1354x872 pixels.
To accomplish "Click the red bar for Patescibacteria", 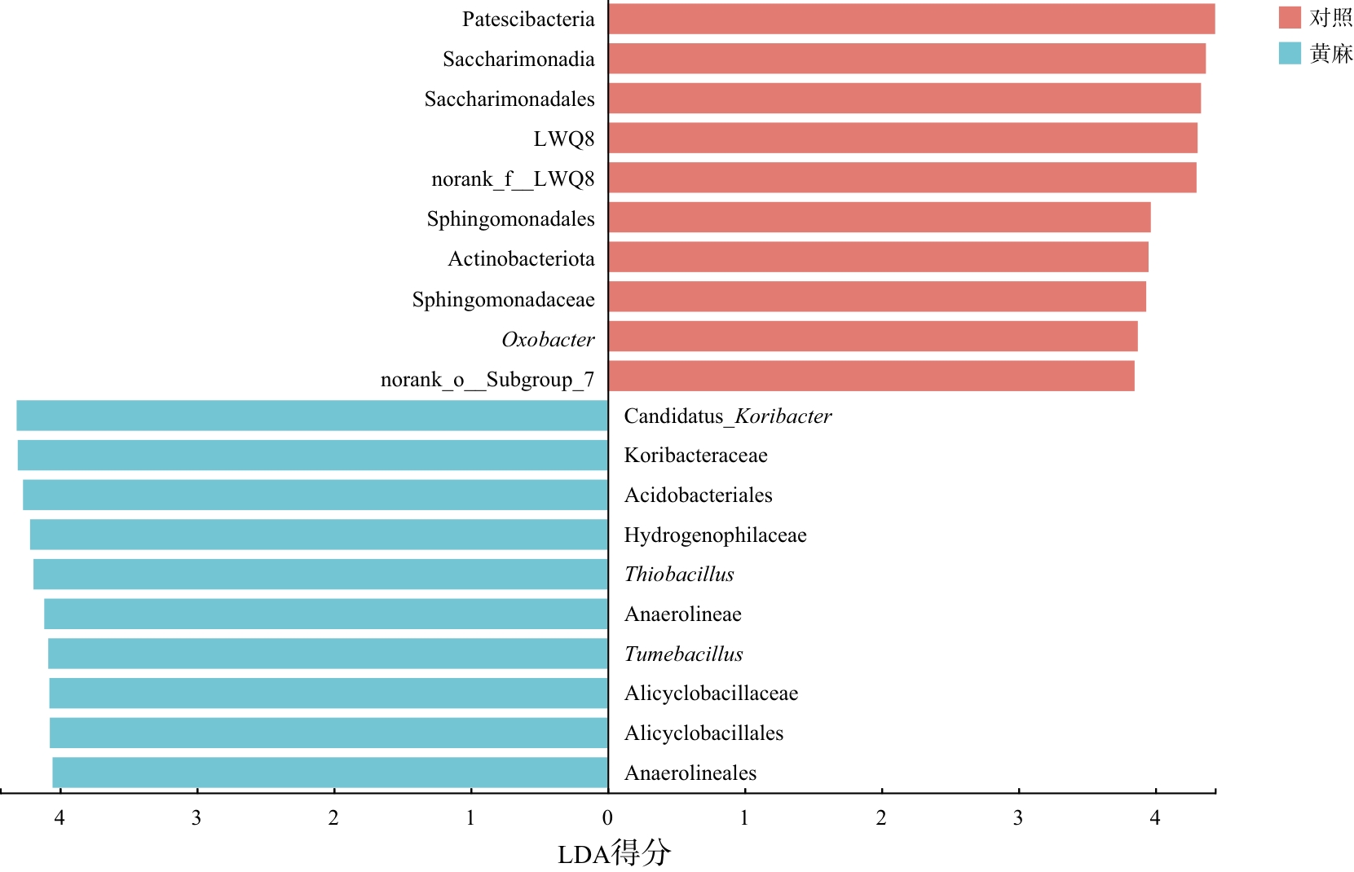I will pyautogui.click(x=911, y=19).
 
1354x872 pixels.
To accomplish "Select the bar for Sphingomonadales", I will pyautogui.click(x=880, y=218).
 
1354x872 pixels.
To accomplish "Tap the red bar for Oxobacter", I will pyautogui.click(x=873, y=337).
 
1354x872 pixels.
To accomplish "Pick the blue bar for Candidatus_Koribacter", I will pyautogui.click(x=312, y=416).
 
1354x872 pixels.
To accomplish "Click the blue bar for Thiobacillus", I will pyautogui.click(x=320, y=575).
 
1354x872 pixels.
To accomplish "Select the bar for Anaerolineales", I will pyautogui.click(x=330, y=773).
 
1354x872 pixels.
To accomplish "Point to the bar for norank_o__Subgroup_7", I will pyautogui.click(x=871, y=377).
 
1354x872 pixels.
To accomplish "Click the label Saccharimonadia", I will pyautogui.click(x=518, y=59).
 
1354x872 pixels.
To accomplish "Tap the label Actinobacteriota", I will pyautogui.click(x=521, y=259).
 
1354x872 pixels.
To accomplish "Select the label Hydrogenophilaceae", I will pyautogui.click(x=715, y=535).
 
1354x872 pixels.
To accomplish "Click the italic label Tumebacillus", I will pyautogui.click(x=683, y=654).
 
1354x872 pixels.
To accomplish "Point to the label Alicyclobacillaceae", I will pyautogui.click(x=711, y=694).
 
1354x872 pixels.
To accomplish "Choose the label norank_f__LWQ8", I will pyautogui.click(x=513, y=179).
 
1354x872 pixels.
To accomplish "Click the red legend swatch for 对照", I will pyautogui.click(x=1290, y=17).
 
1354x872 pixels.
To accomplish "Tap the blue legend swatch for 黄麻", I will pyautogui.click(x=1290, y=53).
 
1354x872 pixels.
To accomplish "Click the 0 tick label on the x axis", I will pyautogui.click(x=607, y=817).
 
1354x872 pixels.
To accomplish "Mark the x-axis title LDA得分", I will pyautogui.click(x=614, y=853).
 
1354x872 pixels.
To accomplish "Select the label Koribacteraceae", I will pyautogui.click(x=695, y=456).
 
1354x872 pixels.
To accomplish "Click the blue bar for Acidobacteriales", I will pyautogui.click(x=315, y=495).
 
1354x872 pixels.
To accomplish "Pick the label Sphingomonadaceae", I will pyautogui.click(x=503, y=300).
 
